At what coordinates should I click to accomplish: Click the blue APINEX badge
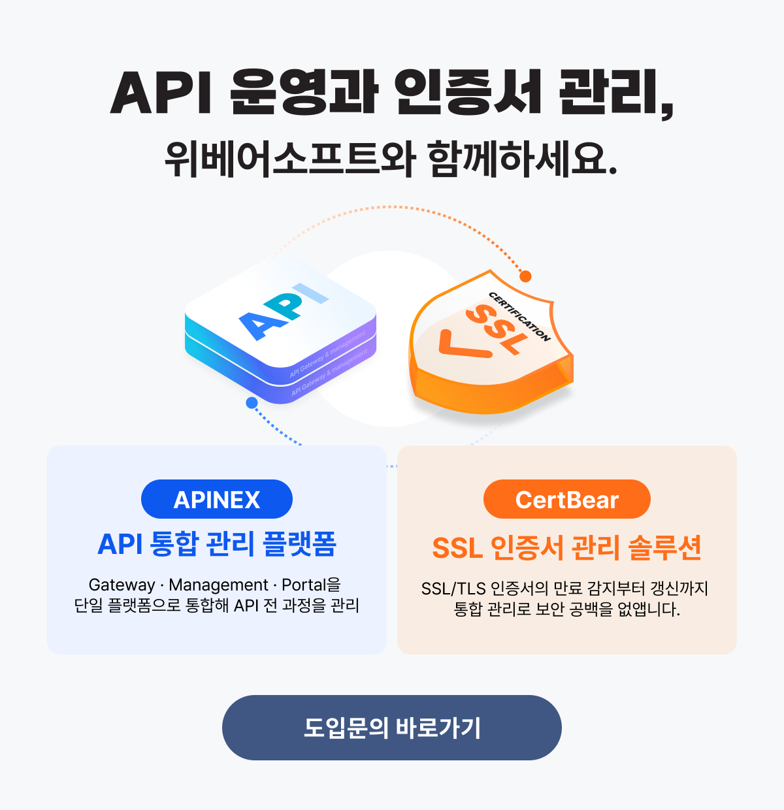[217, 500]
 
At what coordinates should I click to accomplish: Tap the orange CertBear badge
[566, 500]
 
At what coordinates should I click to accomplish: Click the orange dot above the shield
[525, 276]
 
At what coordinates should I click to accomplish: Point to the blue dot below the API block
[252, 403]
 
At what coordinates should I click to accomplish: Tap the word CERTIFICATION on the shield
[520, 316]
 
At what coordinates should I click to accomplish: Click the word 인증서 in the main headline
[468, 93]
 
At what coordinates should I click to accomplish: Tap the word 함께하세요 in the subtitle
[521, 159]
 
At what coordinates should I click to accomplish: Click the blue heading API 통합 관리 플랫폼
[217, 544]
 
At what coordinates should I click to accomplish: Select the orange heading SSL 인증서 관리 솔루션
[566, 548]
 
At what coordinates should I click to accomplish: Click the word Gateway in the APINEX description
[122, 585]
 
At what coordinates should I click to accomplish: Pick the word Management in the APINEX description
[218, 585]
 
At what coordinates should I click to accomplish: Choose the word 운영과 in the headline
[304, 93]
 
